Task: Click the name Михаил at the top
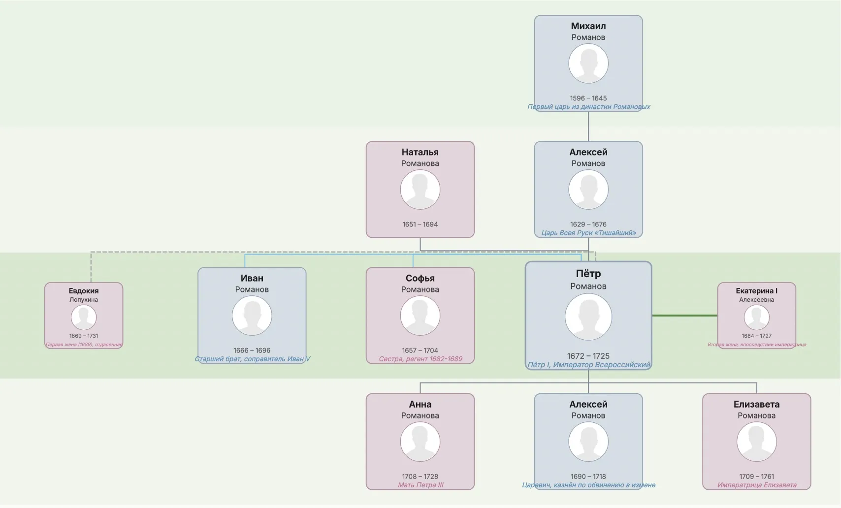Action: pos(588,26)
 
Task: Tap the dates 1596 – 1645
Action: pos(588,98)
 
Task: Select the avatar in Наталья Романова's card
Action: pos(420,190)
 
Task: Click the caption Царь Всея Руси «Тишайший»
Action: pos(588,233)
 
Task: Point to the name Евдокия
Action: pos(84,290)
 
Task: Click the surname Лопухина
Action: pos(84,300)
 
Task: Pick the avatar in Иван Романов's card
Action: pos(252,316)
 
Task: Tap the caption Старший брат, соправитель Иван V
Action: pos(252,359)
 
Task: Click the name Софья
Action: pos(420,278)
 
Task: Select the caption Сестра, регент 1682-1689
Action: pos(420,359)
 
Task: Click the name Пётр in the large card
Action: pos(588,273)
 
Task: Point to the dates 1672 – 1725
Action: pos(588,356)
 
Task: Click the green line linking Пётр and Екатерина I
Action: pos(685,316)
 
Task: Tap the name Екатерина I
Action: pos(756,290)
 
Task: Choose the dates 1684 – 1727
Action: pos(756,336)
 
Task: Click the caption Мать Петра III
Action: pos(420,485)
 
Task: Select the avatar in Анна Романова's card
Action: pos(420,442)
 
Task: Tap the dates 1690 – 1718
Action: pos(588,476)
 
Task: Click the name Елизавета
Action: pos(756,404)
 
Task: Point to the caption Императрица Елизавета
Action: pos(757,485)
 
